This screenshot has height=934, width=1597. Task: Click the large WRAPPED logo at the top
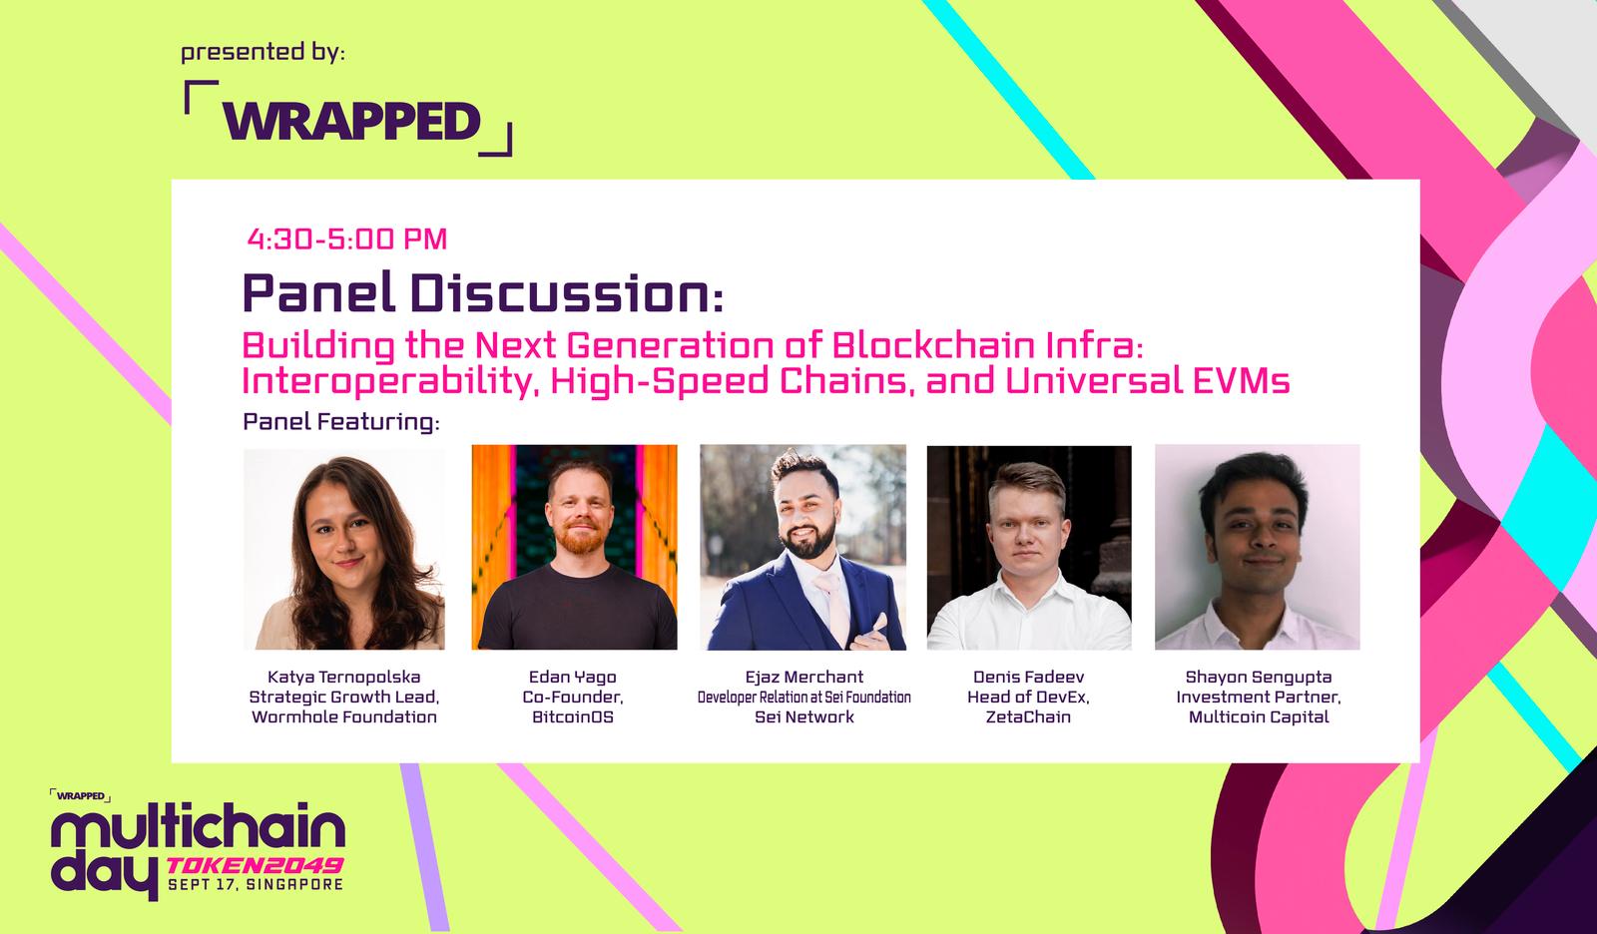pyautogui.click(x=348, y=119)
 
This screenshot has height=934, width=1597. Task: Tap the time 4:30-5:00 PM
pyautogui.click(x=347, y=238)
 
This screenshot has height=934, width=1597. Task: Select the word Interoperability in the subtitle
pyautogui.click(x=390, y=381)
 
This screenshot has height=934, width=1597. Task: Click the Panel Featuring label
pyautogui.click(x=340, y=422)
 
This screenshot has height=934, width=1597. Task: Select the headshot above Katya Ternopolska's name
pyautogui.click(x=344, y=548)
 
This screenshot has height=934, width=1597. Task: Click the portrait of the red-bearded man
pyautogui.click(x=575, y=547)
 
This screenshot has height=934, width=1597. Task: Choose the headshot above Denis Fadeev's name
pyautogui.click(x=1029, y=548)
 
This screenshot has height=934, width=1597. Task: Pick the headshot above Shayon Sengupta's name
pyautogui.click(x=1258, y=547)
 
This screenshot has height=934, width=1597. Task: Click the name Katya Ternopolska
pyautogui.click(x=344, y=677)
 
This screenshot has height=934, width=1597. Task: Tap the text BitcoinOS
pyautogui.click(x=573, y=716)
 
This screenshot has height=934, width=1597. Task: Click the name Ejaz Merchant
pyautogui.click(x=804, y=677)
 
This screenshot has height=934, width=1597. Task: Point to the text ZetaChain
pyautogui.click(x=1028, y=716)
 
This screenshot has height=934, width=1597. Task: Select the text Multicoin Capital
pyautogui.click(x=1259, y=716)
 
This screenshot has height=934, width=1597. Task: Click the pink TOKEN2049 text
pyautogui.click(x=255, y=865)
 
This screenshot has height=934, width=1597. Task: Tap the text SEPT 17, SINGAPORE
pyautogui.click(x=256, y=885)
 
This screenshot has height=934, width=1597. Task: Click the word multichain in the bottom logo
pyautogui.click(x=199, y=830)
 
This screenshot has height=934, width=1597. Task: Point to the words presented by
pyautogui.click(x=263, y=53)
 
